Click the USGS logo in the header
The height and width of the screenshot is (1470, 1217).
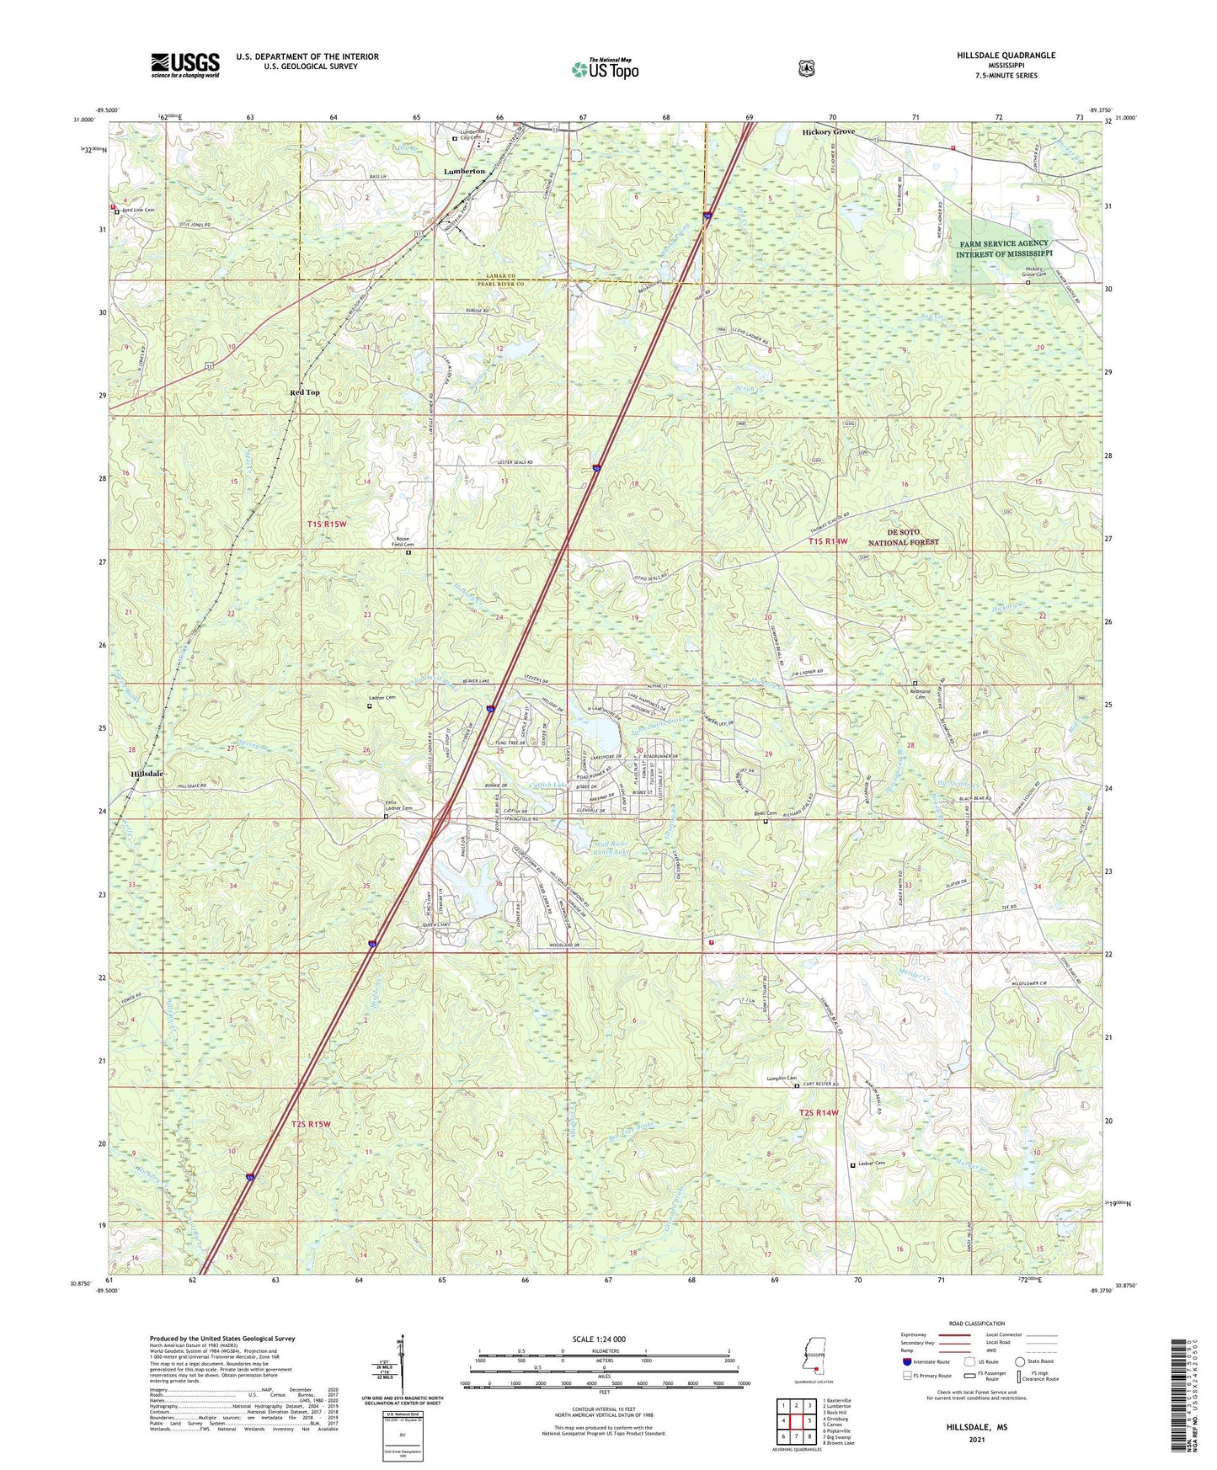point(185,65)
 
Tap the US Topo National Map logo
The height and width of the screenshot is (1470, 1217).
point(604,69)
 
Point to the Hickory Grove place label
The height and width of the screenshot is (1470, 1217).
point(828,132)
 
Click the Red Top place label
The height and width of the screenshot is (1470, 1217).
point(305,392)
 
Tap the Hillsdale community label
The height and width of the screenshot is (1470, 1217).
point(147,773)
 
